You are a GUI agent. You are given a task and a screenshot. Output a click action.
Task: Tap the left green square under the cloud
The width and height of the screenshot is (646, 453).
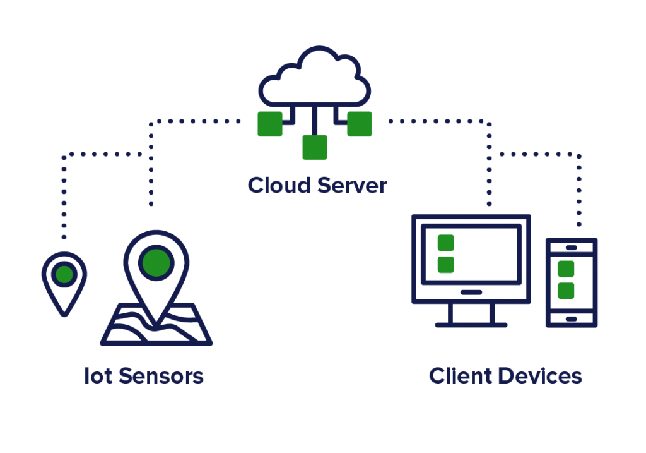pos(269,124)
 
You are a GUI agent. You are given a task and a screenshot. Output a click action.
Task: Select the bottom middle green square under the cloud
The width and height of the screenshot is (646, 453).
pos(314,147)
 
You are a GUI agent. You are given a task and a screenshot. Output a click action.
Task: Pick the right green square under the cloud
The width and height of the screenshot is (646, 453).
pos(359,124)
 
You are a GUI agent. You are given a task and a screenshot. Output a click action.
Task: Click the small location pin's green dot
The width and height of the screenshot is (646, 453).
pos(64,274)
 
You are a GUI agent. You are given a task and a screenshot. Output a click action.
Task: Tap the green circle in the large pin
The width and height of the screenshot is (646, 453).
pos(156,263)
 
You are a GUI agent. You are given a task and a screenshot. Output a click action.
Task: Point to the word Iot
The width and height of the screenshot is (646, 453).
pos(98,376)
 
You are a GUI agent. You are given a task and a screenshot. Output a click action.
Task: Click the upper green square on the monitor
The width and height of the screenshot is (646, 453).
pos(445,243)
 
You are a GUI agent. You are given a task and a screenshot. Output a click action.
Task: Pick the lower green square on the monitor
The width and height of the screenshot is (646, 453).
pos(445,265)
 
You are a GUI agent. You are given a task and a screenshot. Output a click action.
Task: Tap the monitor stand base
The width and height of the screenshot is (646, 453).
pos(471,325)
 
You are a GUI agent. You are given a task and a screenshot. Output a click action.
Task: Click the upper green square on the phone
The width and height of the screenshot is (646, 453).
pos(566,269)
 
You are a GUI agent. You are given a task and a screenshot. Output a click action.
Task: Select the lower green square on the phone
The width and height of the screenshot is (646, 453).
pos(566,291)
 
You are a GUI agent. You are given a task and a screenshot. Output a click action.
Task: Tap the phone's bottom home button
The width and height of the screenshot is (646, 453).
pos(571,319)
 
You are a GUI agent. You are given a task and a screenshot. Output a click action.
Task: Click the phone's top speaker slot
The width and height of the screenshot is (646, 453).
pos(571,247)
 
